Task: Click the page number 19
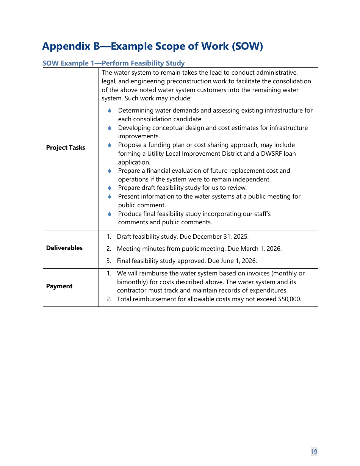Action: (314, 451)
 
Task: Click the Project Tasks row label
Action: (66, 148)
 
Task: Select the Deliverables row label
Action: (64, 248)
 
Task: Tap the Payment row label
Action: (59, 286)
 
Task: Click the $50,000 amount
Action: (289, 299)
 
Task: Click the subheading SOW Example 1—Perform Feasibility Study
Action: (113, 63)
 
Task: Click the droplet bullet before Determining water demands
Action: (110, 111)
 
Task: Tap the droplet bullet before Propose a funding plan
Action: (110, 145)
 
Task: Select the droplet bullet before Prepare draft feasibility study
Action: (110, 188)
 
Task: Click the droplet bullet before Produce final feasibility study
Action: (110, 214)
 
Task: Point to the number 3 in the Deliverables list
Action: (108, 261)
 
